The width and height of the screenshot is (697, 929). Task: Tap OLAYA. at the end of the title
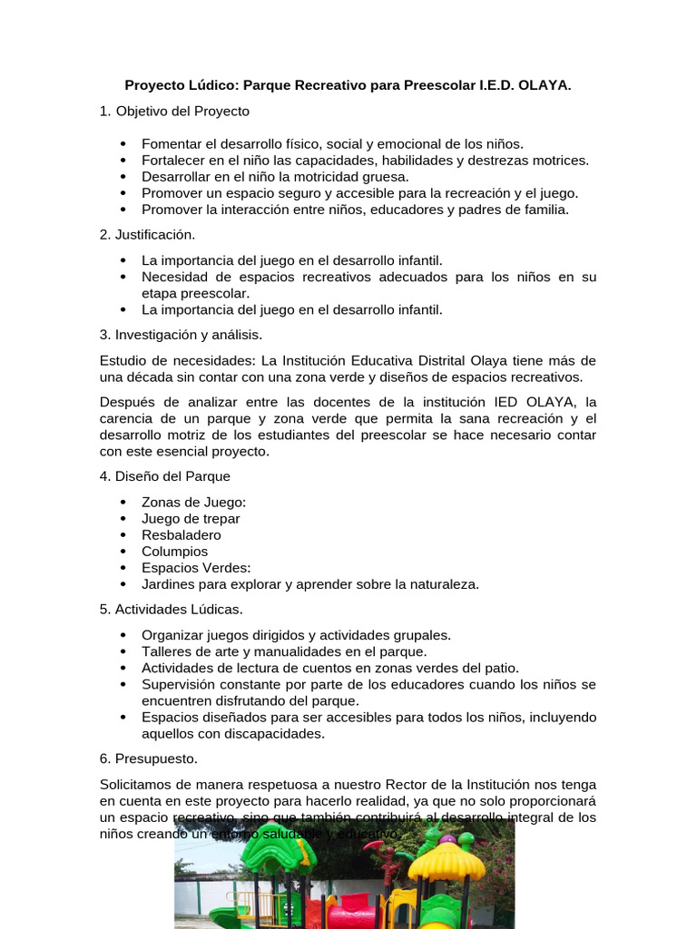pos(545,85)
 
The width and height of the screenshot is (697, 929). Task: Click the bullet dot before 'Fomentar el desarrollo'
pos(123,144)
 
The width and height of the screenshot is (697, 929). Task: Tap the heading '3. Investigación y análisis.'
pos(181,335)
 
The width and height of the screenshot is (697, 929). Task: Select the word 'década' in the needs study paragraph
pos(157,376)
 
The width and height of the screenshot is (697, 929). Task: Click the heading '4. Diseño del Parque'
pos(164,476)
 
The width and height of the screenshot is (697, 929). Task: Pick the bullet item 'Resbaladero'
pos(181,535)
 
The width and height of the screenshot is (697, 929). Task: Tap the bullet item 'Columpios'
pos(174,552)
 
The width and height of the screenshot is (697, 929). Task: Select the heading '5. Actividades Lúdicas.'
pos(171,609)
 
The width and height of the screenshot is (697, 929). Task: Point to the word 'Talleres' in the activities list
pos(167,651)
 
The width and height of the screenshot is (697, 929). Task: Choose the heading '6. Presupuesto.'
pos(148,758)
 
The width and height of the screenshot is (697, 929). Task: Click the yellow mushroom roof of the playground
pos(447,857)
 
